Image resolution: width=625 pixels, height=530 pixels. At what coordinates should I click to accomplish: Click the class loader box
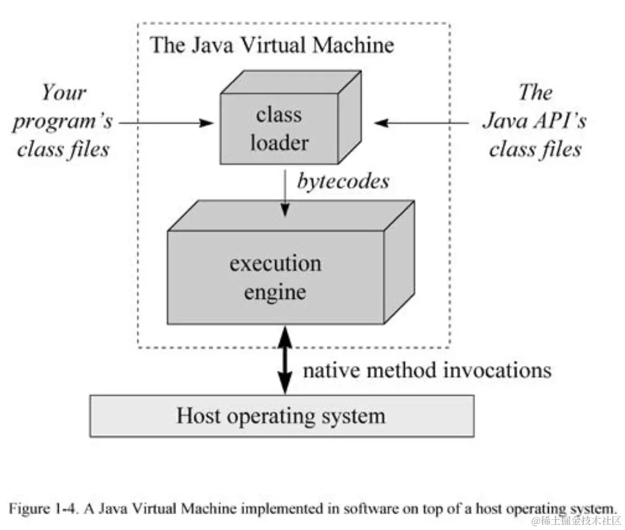point(279,129)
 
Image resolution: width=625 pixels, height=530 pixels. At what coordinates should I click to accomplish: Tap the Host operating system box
point(281,416)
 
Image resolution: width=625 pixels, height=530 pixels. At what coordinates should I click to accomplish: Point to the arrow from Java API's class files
point(423,121)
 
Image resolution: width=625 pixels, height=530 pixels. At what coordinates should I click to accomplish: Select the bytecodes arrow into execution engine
point(285,195)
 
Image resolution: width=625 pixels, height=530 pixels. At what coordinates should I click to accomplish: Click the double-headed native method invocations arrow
point(285,360)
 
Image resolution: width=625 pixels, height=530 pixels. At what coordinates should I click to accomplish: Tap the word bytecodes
point(343,181)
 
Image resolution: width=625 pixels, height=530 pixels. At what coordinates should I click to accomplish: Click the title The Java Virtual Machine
point(272,45)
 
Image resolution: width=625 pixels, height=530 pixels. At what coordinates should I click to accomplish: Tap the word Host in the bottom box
point(198,416)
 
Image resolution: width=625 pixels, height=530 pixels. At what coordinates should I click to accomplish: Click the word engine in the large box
point(276,292)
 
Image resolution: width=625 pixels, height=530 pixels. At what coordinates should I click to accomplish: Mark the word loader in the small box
point(279,143)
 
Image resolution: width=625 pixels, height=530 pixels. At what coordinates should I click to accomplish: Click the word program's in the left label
point(63,121)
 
